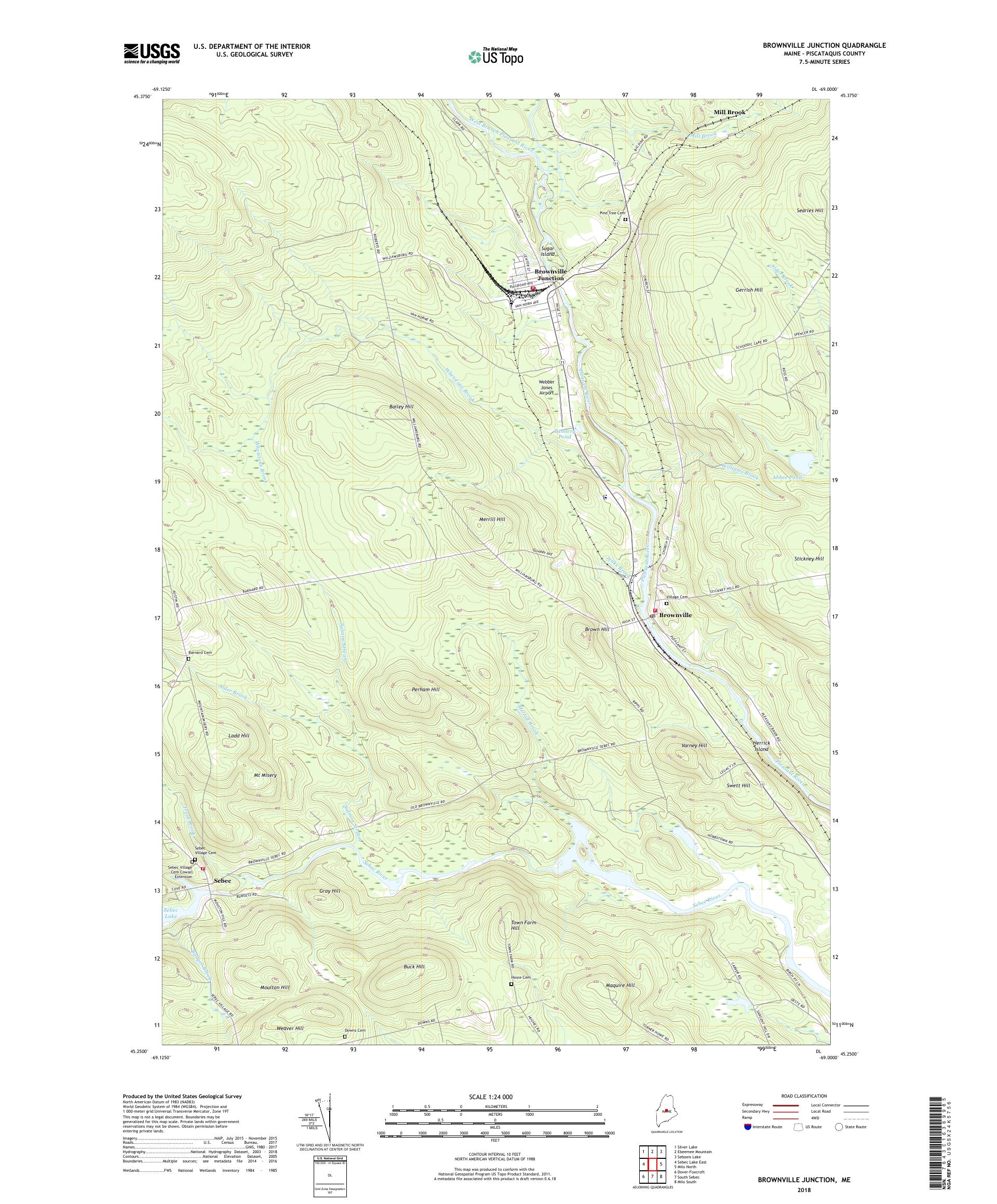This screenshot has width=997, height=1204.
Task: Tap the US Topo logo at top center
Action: click(495, 56)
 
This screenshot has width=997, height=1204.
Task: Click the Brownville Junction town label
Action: click(549, 275)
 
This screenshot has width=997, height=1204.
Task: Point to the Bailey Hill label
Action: click(401, 406)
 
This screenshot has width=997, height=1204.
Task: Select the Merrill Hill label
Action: click(492, 519)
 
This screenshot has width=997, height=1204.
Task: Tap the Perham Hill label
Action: click(426, 689)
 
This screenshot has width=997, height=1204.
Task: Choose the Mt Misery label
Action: click(265, 775)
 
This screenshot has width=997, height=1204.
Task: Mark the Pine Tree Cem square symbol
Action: click(625, 220)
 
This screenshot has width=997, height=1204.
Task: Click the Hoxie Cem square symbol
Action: click(511, 984)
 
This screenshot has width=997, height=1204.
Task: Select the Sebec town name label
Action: click(223, 880)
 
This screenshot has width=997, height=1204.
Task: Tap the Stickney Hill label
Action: click(809, 558)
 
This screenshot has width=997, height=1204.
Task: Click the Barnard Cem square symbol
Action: click(188, 659)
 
